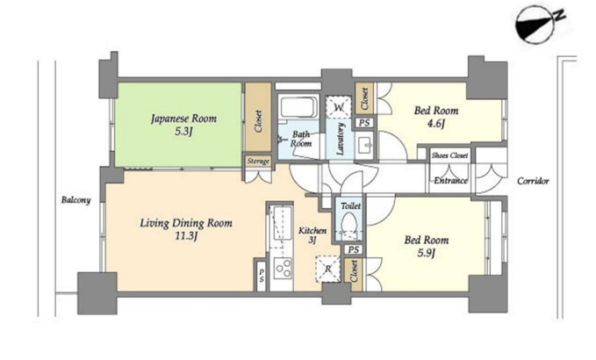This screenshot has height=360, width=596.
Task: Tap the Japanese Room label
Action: click(x=184, y=119)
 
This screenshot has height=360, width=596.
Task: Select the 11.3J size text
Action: click(x=186, y=236)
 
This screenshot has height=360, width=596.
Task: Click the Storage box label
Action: click(x=258, y=162)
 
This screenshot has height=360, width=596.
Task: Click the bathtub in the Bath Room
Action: click(x=298, y=107)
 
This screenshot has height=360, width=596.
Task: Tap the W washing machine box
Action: click(x=338, y=106)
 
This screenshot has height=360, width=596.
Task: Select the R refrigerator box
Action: click(x=327, y=270)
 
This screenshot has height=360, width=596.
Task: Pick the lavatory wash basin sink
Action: click(x=366, y=146)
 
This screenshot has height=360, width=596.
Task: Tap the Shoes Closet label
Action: click(x=450, y=155)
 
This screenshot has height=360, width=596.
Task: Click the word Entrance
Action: click(x=451, y=181)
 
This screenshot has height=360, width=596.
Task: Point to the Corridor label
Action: click(x=533, y=181)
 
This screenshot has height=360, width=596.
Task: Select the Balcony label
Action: click(x=76, y=200)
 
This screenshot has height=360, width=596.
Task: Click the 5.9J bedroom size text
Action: click(x=426, y=253)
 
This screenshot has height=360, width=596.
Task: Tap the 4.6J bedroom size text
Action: click(x=435, y=124)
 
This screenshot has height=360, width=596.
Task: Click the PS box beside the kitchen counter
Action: click(x=261, y=275)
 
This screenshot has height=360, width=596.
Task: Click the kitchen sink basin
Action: click(x=283, y=223)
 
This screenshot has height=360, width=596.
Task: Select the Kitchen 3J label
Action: click(x=312, y=235)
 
